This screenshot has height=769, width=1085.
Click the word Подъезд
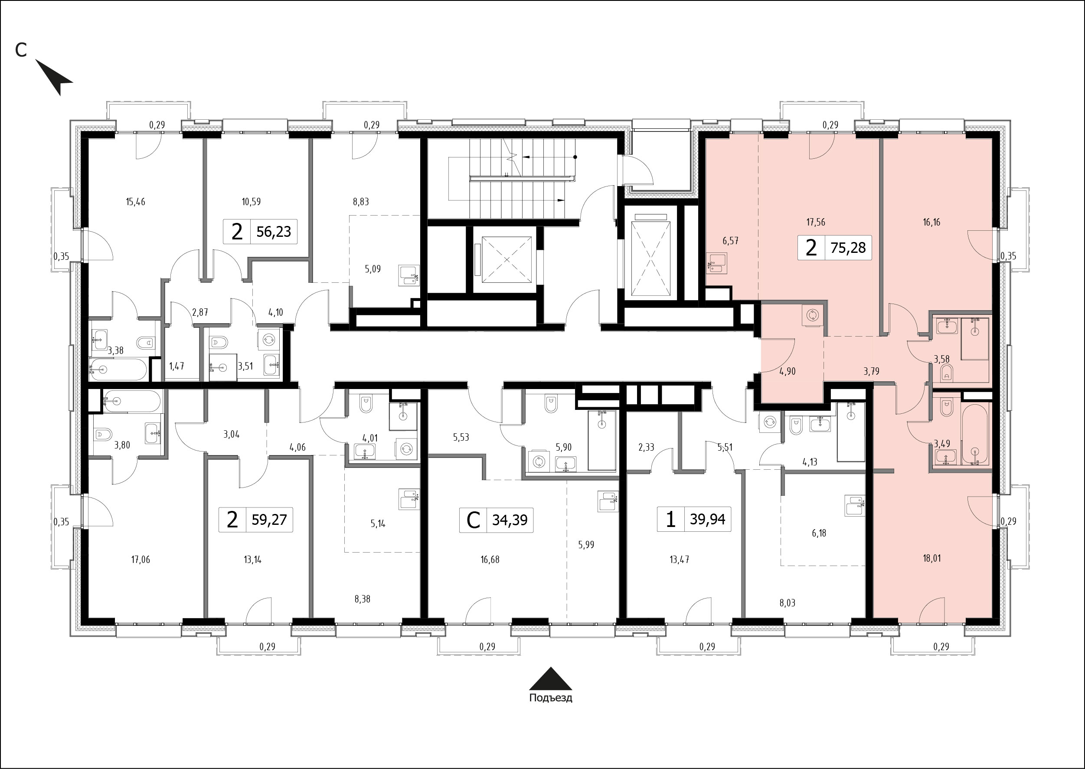[551, 698]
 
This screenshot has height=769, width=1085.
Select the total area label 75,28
[848, 247]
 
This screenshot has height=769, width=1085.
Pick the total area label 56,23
[274, 232]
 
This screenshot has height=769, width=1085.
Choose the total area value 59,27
[269, 520]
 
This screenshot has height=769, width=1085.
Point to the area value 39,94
[708, 520]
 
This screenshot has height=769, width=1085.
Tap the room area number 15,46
[135, 202]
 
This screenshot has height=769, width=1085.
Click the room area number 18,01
[931, 558]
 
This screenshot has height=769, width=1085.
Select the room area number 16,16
[931, 222]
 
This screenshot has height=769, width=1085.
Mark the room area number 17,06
[141, 560]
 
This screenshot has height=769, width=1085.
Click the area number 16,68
[490, 560]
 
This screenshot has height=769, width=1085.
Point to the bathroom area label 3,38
[115, 351]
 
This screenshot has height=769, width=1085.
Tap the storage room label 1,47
[176, 366]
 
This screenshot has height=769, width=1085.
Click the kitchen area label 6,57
[730, 241]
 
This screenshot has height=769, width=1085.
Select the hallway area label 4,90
[787, 371]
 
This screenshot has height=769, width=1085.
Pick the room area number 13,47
[679, 560]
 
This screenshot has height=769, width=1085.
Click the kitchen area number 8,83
[361, 202]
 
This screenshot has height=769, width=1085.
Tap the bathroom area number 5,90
[564, 447]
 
